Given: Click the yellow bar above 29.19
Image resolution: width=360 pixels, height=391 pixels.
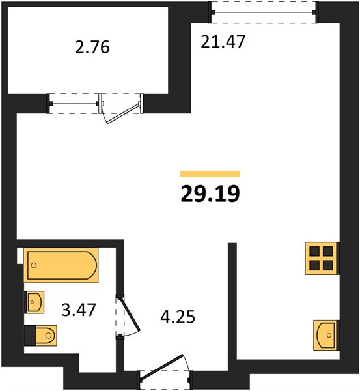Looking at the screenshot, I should [210, 174].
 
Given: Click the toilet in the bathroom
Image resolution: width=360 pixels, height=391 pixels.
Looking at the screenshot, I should [40, 336].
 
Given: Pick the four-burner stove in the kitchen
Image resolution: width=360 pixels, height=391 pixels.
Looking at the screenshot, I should [322, 258].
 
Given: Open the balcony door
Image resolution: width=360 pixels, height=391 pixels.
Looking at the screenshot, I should [121, 108].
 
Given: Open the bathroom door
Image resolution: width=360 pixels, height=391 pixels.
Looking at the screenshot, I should [129, 315].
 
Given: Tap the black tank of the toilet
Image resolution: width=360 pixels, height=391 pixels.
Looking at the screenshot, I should [28, 336].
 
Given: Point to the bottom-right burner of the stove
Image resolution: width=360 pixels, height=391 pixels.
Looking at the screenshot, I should [329, 265].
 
